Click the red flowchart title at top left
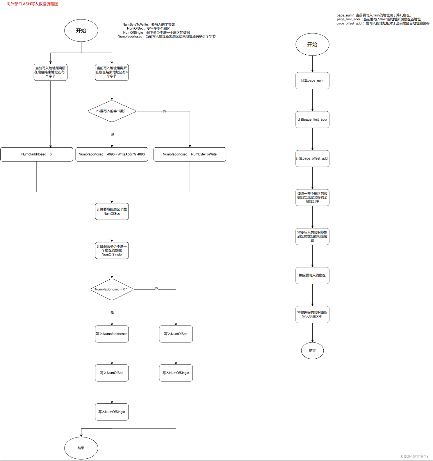tap(32, 4)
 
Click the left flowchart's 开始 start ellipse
tap(81, 31)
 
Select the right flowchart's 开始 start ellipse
tap(312, 44)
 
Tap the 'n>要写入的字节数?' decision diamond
tap(112, 111)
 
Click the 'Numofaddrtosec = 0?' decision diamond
tap(112, 290)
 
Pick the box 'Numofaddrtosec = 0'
tap(37, 154)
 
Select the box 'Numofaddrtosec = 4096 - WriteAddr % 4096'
tap(112, 154)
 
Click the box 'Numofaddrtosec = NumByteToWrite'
tap(190, 154)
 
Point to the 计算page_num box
tap(312, 81)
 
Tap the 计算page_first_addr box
tap(312, 119)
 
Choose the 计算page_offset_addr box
tap(312, 158)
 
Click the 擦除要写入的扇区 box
tap(312, 275)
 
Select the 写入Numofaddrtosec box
tap(112, 334)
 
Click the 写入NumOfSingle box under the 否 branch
tap(176, 373)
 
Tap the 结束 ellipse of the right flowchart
tap(312, 351)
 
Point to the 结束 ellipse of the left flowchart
tap(81, 448)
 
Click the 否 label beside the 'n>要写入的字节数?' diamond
tap(164, 112)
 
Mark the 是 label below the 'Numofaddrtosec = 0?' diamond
tap(112, 312)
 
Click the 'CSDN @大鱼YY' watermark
tap(415, 456)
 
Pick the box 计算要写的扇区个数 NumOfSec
tap(112, 211)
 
